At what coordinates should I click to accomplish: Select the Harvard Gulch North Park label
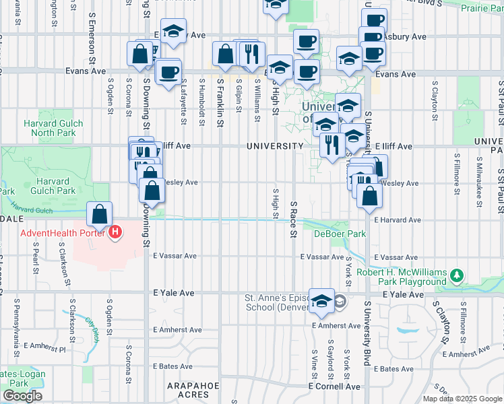tap(53, 128)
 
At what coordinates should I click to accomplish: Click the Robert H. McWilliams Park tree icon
tap(458, 275)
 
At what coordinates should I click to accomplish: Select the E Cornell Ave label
tap(334, 386)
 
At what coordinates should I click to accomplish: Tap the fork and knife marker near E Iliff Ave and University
tap(332, 145)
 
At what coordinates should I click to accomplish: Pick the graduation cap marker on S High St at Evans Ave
tap(279, 68)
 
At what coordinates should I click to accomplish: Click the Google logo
tap(22, 396)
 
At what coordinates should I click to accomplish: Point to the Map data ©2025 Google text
tap(462, 399)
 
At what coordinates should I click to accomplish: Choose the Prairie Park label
tap(482, 8)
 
